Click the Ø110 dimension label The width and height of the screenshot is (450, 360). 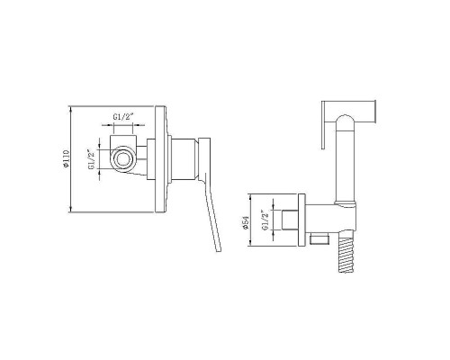pos(66,158)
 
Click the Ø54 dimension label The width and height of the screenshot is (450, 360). pos(246,222)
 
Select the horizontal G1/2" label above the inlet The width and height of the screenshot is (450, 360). pos(122,117)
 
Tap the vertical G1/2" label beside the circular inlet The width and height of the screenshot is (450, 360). pos(92,159)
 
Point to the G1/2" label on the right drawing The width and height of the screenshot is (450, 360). pos(265,220)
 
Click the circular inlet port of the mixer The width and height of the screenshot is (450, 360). pos(123,158)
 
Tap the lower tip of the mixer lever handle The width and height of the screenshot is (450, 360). pos(219,250)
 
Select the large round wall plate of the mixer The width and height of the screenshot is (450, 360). pos(160,159)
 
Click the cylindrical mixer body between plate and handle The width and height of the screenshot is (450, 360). pos(184,159)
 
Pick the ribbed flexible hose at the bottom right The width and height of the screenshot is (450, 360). pos(346,255)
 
